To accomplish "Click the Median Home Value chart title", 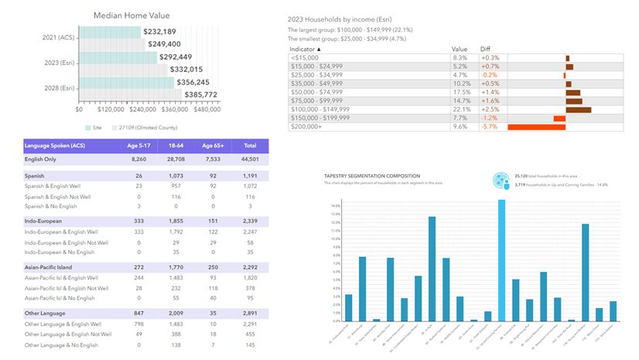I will coord(132,15).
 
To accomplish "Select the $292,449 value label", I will coord(176,57).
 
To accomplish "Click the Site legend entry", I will coord(95,127).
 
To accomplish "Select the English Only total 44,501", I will coord(249,159).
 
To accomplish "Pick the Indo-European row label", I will coord(45,221).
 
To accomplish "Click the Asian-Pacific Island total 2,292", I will coord(249,266).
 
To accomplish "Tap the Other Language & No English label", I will coord(61,345).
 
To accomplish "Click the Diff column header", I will coord(487,49).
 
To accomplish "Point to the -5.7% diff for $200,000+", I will coord(489,127).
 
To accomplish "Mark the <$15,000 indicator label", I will coord(303,58).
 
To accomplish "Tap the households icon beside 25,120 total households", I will coord(501,180).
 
